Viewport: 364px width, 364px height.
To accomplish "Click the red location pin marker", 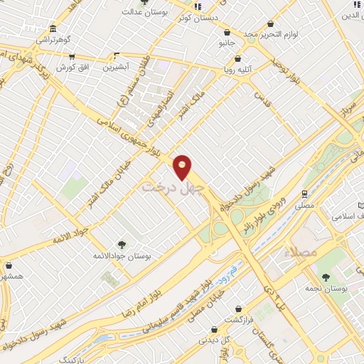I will [183, 167].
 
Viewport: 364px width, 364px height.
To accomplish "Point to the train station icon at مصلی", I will [304, 193].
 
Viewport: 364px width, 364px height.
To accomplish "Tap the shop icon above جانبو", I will [227, 32].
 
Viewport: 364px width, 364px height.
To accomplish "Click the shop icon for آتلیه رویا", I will [237, 59].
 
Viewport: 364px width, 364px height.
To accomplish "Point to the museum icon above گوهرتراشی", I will [53, 29].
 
